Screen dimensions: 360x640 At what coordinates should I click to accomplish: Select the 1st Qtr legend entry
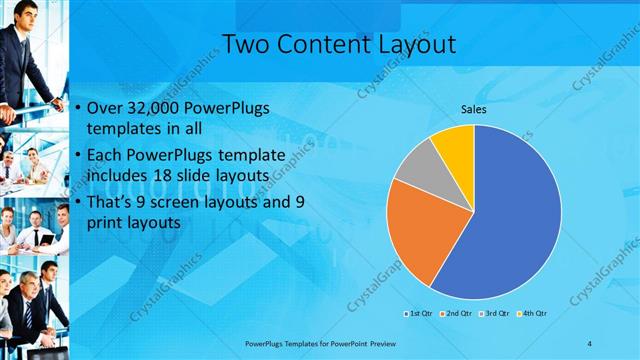pos(417,313)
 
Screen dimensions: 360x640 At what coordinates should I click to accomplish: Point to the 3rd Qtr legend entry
pos(497,313)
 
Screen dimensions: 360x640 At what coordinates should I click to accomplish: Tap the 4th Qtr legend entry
pos(534,313)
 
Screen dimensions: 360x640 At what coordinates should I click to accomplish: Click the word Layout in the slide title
pos(411,44)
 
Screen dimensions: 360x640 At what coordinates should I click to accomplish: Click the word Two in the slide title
pos(245,44)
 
